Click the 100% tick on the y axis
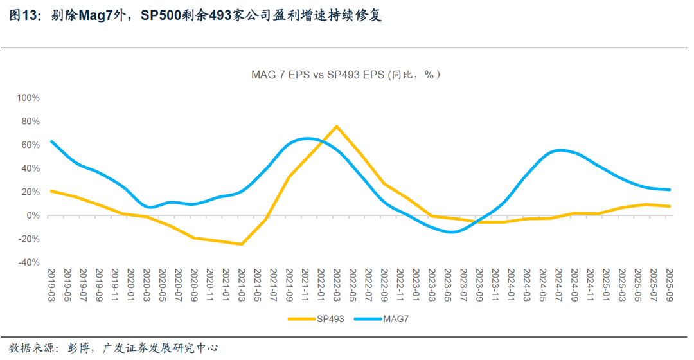point(28,98)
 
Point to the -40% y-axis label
point(28,262)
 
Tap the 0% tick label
point(33,215)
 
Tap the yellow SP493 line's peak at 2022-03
point(337,126)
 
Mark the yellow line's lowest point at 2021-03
point(242,244)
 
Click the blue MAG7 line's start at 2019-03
point(51,141)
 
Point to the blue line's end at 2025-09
point(670,190)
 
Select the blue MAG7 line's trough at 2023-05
point(452,232)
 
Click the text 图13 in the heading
point(23,15)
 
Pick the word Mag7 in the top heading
point(98,15)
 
